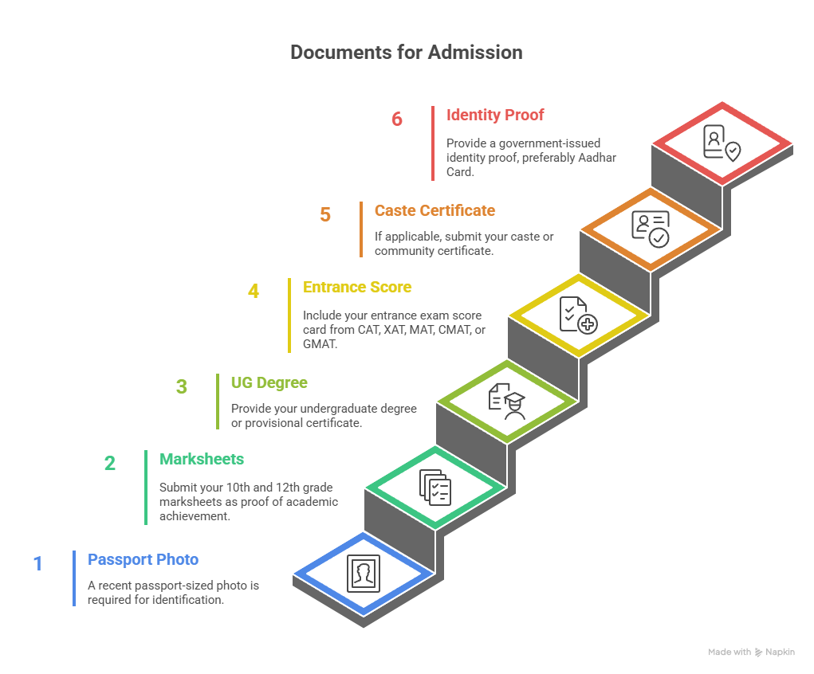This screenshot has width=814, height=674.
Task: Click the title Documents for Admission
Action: click(407, 53)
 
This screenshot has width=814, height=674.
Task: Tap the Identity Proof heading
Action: click(494, 116)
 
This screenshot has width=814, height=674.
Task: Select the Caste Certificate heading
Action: click(435, 211)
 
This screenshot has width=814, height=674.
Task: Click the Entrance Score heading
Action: click(357, 287)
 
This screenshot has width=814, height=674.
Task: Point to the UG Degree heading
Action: click(269, 383)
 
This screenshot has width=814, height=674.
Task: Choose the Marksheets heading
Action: click(202, 459)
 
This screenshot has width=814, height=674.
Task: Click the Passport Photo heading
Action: click(143, 559)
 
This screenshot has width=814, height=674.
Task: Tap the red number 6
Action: click(397, 120)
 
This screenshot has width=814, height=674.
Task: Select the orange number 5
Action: click(325, 215)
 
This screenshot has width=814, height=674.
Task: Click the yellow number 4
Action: click(254, 292)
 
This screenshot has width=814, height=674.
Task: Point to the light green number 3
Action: click(182, 387)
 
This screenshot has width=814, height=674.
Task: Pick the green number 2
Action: click(110, 464)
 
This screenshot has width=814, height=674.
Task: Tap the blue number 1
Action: click(37, 564)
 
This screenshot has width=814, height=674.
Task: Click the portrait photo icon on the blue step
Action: click(364, 574)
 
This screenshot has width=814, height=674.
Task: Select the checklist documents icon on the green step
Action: click(435, 488)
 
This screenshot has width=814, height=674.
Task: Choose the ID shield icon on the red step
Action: click(722, 143)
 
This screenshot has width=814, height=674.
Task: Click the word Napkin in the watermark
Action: click(781, 652)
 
